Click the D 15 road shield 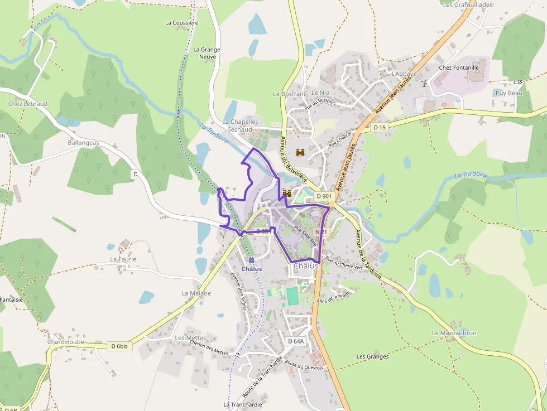click(380, 128)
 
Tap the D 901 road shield click(324, 196)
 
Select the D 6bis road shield click(119, 346)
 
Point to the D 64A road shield click(296, 341)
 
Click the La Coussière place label click(181, 23)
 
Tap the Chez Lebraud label click(28, 104)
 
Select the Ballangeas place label click(83, 143)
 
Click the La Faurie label click(123, 259)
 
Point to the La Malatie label click(196, 293)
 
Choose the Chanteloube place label click(66, 342)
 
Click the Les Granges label click(373, 356)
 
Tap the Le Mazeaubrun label click(454, 333)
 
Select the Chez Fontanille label click(459, 67)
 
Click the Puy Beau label click(508, 93)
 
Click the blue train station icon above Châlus click(251, 260)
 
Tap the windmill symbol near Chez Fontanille click(424, 84)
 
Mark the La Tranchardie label click(243, 404)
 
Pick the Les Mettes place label click(190, 338)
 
